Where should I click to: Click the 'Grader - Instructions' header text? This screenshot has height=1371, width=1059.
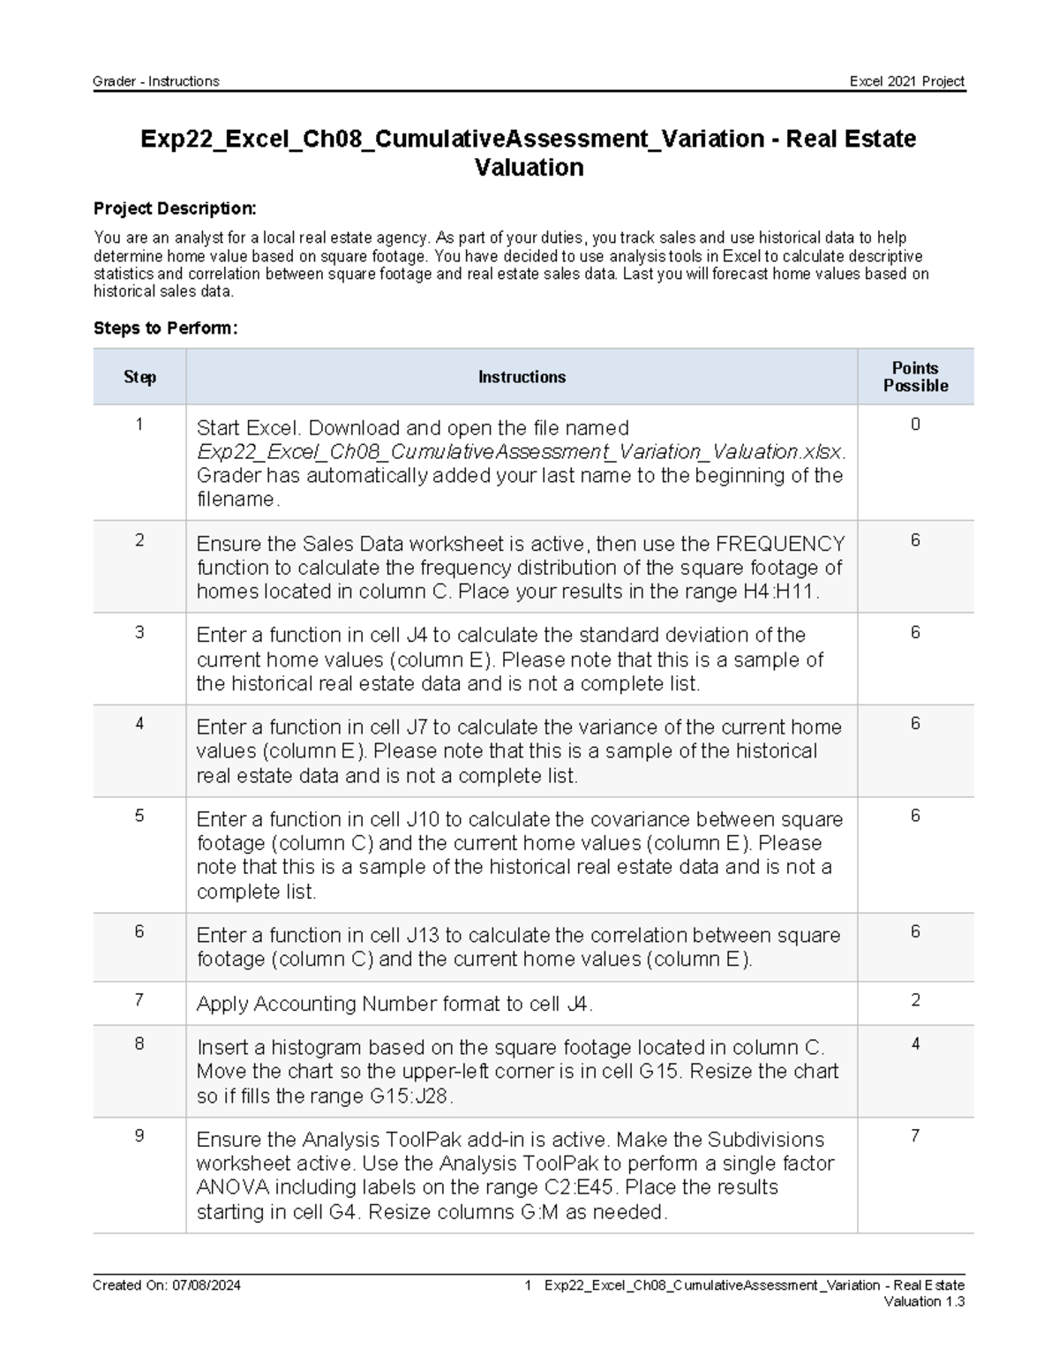(x=156, y=81)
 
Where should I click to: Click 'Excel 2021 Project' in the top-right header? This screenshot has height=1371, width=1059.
(x=906, y=81)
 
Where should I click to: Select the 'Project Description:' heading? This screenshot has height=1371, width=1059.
(x=175, y=208)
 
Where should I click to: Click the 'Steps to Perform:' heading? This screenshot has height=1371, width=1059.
(x=165, y=328)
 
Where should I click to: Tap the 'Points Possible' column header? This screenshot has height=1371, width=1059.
(x=915, y=377)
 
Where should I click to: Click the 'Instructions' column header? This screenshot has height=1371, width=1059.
(x=522, y=377)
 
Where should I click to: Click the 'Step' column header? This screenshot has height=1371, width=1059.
(x=139, y=377)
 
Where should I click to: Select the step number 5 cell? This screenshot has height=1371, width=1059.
(x=139, y=816)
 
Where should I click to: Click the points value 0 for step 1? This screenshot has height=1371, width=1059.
(x=915, y=425)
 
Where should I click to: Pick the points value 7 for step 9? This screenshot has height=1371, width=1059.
(x=915, y=1136)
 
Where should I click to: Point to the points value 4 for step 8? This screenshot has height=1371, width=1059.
(x=915, y=1044)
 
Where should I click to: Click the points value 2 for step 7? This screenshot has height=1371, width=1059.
(x=915, y=1000)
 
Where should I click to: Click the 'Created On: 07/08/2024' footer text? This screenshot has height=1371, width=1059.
(x=167, y=1285)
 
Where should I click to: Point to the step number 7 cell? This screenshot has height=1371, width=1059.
(x=139, y=1000)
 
